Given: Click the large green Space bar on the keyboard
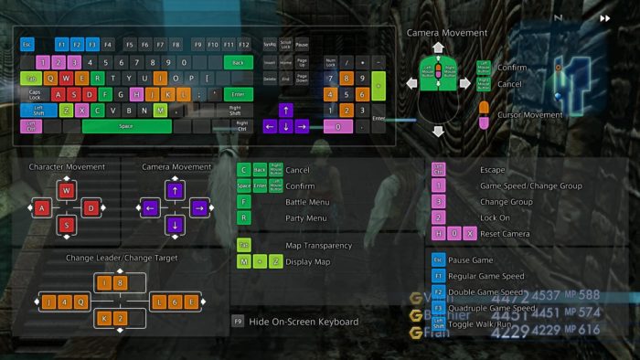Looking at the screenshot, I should [126, 126].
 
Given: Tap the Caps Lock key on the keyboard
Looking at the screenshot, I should [35, 94].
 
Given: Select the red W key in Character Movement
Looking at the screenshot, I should [66, 191].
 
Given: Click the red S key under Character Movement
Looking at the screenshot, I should [66, 225].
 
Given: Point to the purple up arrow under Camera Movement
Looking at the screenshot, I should [175, 191].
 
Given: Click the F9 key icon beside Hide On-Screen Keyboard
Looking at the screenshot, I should [238, 322].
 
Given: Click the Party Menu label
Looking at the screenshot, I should [305, 218].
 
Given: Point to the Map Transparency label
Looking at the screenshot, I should [318, 246].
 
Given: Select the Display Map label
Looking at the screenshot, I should [309, 262].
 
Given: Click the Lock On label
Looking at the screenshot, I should [495, 217].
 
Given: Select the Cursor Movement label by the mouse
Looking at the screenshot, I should [530, 115].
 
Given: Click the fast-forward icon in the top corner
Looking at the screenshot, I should [604, 17].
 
